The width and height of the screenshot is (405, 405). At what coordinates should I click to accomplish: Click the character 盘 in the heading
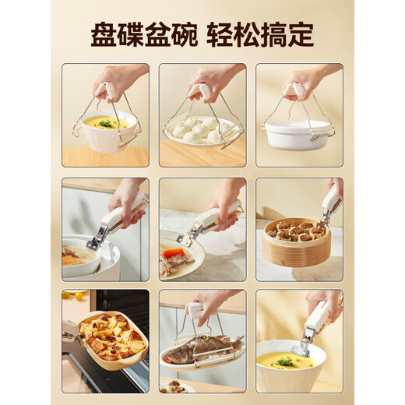(x=104, y=34)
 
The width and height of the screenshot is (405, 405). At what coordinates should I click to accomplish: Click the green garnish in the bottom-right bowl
(x=286, y=361)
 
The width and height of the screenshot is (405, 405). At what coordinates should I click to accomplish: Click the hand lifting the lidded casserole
(x=312, y=78)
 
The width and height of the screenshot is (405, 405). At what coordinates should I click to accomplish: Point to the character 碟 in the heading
(x=133, y=34)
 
